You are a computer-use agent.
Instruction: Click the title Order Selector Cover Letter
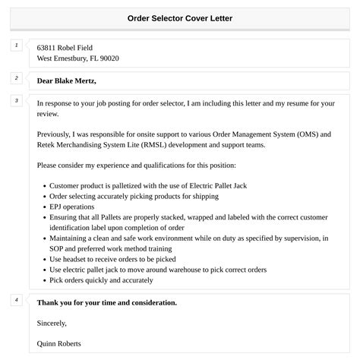click(x=180, y=17)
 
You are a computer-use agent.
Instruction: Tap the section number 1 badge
click(x=16, y=46)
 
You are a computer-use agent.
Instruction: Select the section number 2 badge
click(x=16, y=77)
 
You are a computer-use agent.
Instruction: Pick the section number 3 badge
click(x=16, y=100)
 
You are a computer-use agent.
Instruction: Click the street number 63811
click(x=49, y=47)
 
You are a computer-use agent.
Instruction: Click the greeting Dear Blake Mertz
click(x=67, y=80)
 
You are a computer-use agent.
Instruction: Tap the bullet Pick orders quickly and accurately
click(x=101, y=280)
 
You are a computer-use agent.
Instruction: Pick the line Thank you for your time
click(x=106, y=303)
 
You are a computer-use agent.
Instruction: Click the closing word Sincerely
click(x=52, y=324)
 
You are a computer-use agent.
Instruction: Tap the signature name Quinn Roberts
click(x=58, y=344)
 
